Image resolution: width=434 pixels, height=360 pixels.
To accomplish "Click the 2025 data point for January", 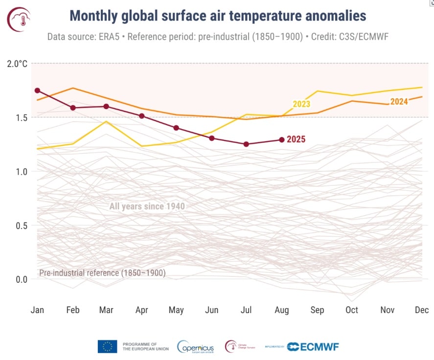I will (37, 90).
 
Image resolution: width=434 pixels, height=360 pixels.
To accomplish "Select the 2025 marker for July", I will (246, 144).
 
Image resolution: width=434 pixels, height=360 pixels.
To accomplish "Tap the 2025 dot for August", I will (281, 139).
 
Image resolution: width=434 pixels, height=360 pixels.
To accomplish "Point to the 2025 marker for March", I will (106, 106).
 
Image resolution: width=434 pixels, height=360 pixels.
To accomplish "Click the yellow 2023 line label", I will (301, 104).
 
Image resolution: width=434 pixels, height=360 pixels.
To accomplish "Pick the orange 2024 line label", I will (399, 102).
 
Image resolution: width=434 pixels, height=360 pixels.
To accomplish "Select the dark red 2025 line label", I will (296, 139).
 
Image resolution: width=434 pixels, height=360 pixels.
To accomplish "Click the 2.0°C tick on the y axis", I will (17, 64).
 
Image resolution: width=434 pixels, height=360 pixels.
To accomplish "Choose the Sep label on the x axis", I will (317, 310).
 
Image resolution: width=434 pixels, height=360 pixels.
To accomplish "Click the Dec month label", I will (421, 310).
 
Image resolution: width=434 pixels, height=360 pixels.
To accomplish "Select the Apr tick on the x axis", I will (141, 310).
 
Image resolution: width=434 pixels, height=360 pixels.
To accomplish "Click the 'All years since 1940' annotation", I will (147, 206).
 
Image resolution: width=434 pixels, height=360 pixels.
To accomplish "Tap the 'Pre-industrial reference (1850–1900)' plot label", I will (102, 273).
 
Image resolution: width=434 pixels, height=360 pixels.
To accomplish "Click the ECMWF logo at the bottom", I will (313, 347).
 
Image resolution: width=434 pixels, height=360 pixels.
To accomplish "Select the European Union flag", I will (107, 347).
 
